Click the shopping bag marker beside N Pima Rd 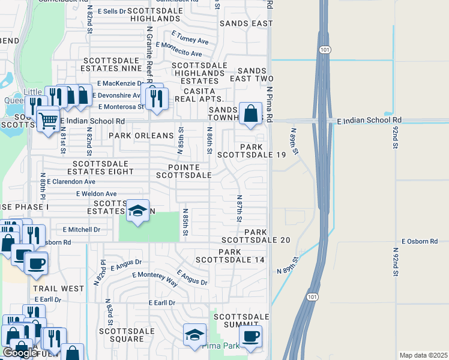point(250,113)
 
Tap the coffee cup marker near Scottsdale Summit point(250,335)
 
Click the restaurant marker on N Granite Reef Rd point(156,97)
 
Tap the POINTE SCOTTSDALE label point(184,171)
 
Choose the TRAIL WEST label point(59,289)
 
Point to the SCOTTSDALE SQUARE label point(130,335)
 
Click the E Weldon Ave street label point(96,194)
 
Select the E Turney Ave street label point(190,37)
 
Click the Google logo point(19,353)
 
